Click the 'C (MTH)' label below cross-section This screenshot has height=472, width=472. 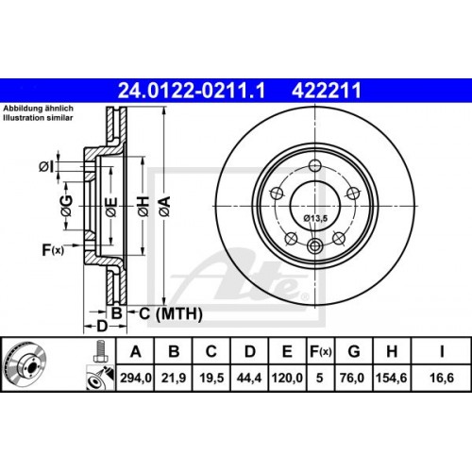click(x=160, y=312)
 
